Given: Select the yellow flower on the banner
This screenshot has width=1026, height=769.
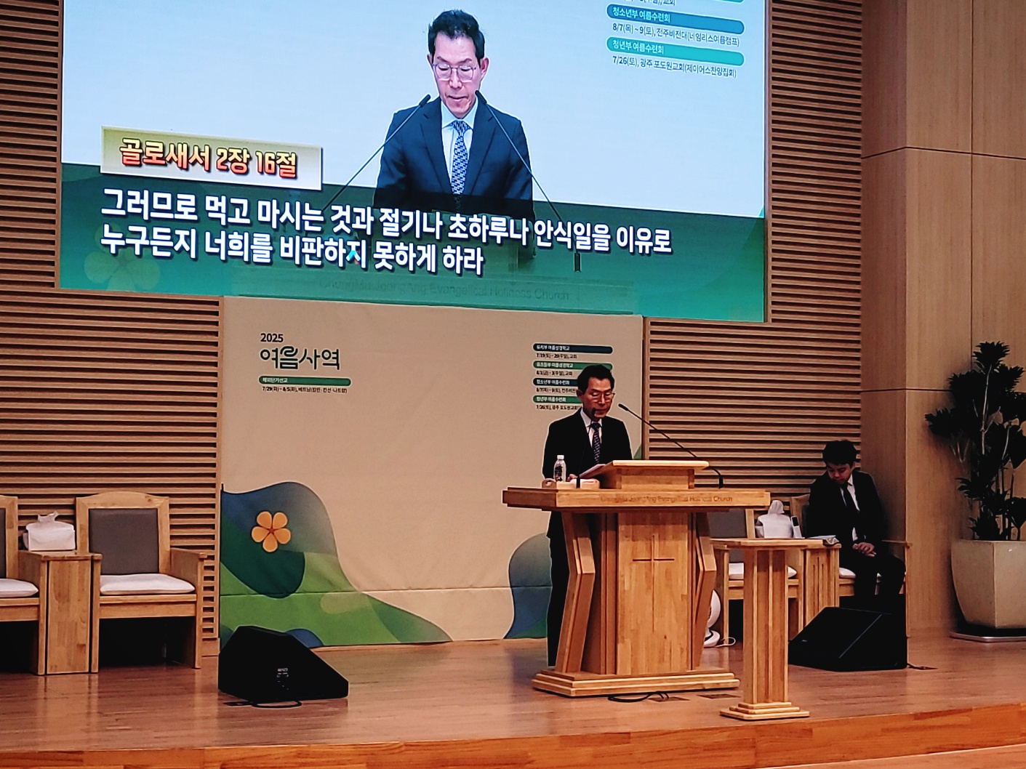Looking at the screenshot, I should click(x=270, y=531).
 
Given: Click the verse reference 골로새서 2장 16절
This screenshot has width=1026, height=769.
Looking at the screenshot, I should click(x=209, y=158).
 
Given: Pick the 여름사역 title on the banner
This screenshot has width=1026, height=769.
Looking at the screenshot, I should click(x=300, y=357).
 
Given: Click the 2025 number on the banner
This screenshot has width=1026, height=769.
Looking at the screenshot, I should click(x=271, y=337).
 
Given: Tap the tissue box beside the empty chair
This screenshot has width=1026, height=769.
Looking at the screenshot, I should click(x=49, y=532).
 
